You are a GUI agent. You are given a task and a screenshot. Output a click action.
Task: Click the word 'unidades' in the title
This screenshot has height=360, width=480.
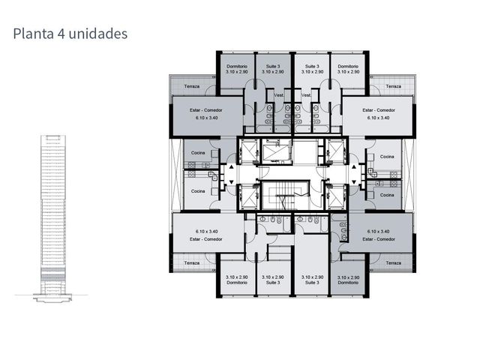point(98,34)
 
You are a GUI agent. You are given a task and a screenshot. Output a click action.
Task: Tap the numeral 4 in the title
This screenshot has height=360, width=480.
point(61,34)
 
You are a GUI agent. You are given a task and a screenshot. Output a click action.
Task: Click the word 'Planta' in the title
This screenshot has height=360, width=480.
point(33,34)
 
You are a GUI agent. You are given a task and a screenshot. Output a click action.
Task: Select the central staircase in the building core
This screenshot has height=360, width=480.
point(285,195)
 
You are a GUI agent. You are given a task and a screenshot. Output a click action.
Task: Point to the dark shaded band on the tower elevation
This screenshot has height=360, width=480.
point(53,277)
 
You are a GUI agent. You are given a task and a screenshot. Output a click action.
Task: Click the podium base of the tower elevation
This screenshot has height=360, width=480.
point(52,298)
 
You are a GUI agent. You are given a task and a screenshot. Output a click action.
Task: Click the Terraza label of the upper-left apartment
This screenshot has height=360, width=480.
point(192,86)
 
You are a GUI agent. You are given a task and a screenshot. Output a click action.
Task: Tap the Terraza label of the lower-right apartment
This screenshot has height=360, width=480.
point(393,263)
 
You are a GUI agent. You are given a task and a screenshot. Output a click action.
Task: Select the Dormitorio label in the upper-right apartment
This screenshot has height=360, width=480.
point(348,66)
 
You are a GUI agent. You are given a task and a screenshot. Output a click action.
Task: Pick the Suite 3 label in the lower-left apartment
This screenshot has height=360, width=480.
point(273,283)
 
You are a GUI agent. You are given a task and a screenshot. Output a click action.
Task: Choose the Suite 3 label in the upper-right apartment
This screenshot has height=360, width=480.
point(312,66)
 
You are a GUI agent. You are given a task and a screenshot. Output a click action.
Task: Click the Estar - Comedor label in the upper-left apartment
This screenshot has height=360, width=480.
point(205,110)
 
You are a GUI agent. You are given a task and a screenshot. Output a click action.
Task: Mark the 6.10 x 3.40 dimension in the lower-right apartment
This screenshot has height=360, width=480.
point(378,232)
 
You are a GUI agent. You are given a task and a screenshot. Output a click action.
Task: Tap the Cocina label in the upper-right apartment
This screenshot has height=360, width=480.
point(387,157)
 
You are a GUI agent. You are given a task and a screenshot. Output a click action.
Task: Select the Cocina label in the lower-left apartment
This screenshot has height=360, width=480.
point(198,191)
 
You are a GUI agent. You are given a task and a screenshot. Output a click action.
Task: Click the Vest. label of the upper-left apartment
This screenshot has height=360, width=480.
point(279,95)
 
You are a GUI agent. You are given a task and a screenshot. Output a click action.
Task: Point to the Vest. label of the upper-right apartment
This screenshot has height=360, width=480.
point(306,95)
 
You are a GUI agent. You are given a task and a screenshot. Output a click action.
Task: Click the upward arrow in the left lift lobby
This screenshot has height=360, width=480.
point(232,166)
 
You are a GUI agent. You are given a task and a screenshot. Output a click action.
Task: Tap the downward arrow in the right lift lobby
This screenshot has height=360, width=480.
point(354,182)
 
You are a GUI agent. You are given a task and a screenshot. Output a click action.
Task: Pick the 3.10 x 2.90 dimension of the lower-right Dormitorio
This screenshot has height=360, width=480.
point(348,277)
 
